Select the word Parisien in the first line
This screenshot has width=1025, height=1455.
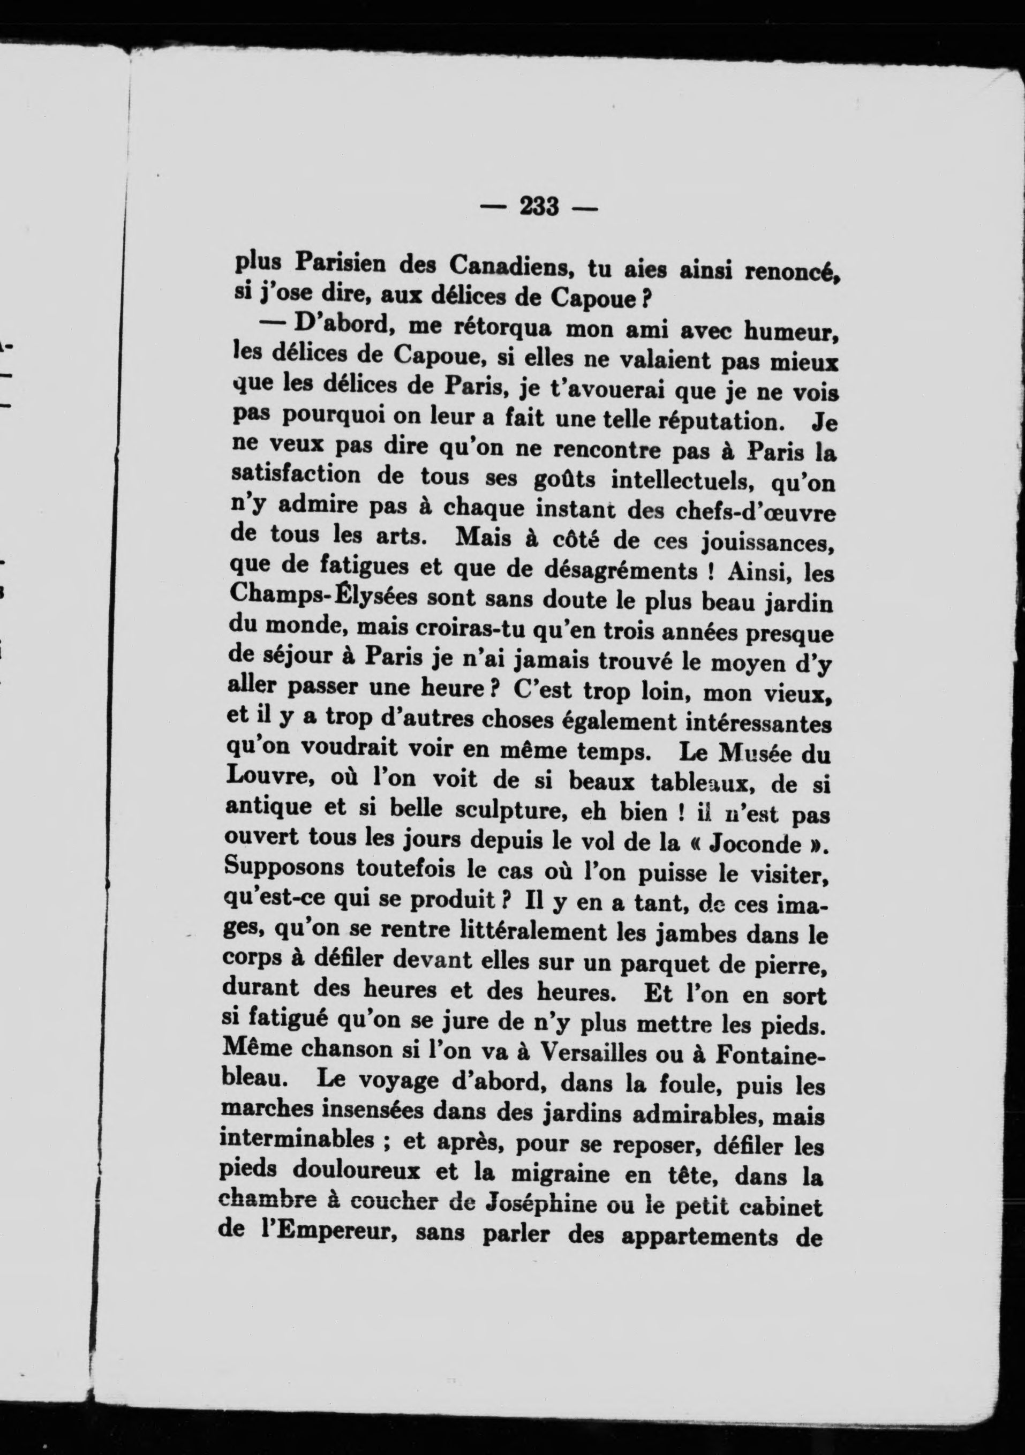coord(340,263)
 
